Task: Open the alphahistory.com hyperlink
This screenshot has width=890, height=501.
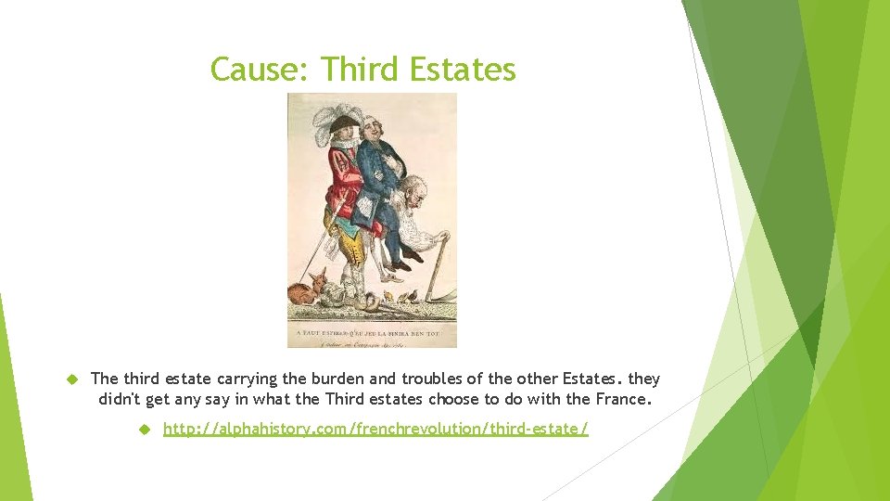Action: [x=375, y=429]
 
